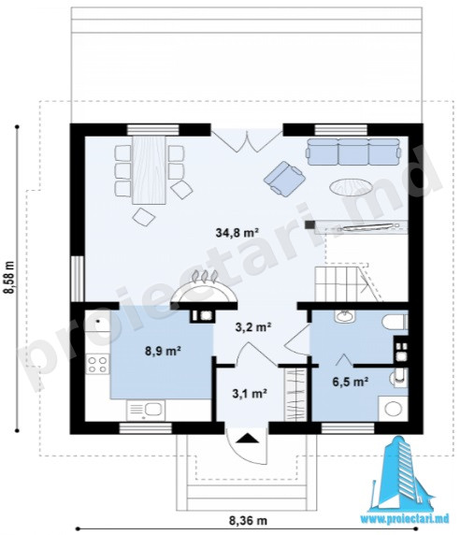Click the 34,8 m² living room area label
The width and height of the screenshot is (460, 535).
click(x=237, y=233)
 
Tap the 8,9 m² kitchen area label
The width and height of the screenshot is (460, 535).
click(x=163, y=351)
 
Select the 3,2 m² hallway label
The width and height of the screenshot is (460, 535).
click(x=253, y=326)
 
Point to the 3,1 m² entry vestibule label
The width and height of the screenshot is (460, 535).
click(x=250, y=394)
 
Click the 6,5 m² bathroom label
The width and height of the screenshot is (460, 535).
click(x=351, y=382)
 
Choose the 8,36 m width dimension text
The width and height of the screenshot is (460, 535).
click(x=248, y=521)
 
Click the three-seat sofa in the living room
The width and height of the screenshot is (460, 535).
click(x=352, y=152)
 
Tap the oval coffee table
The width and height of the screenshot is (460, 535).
click(x=350, y=187)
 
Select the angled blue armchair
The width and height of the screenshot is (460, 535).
click(x=284, y=179)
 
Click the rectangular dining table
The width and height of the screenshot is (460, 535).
click(x=149, y=170)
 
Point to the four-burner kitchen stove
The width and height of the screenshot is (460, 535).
click(x=97, y=364)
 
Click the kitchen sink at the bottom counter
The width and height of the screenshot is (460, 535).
click(x=146, y=410)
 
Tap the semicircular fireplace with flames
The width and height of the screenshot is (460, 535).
click(x=204, y=289)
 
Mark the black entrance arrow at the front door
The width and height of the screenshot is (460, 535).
click(x=247, y=438)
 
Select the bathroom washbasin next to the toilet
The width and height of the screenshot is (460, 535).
click(x=345, y=316)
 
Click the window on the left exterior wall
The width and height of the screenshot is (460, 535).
click(x=78, y=279)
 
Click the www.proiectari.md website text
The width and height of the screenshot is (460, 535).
click(x=405, y=519)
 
